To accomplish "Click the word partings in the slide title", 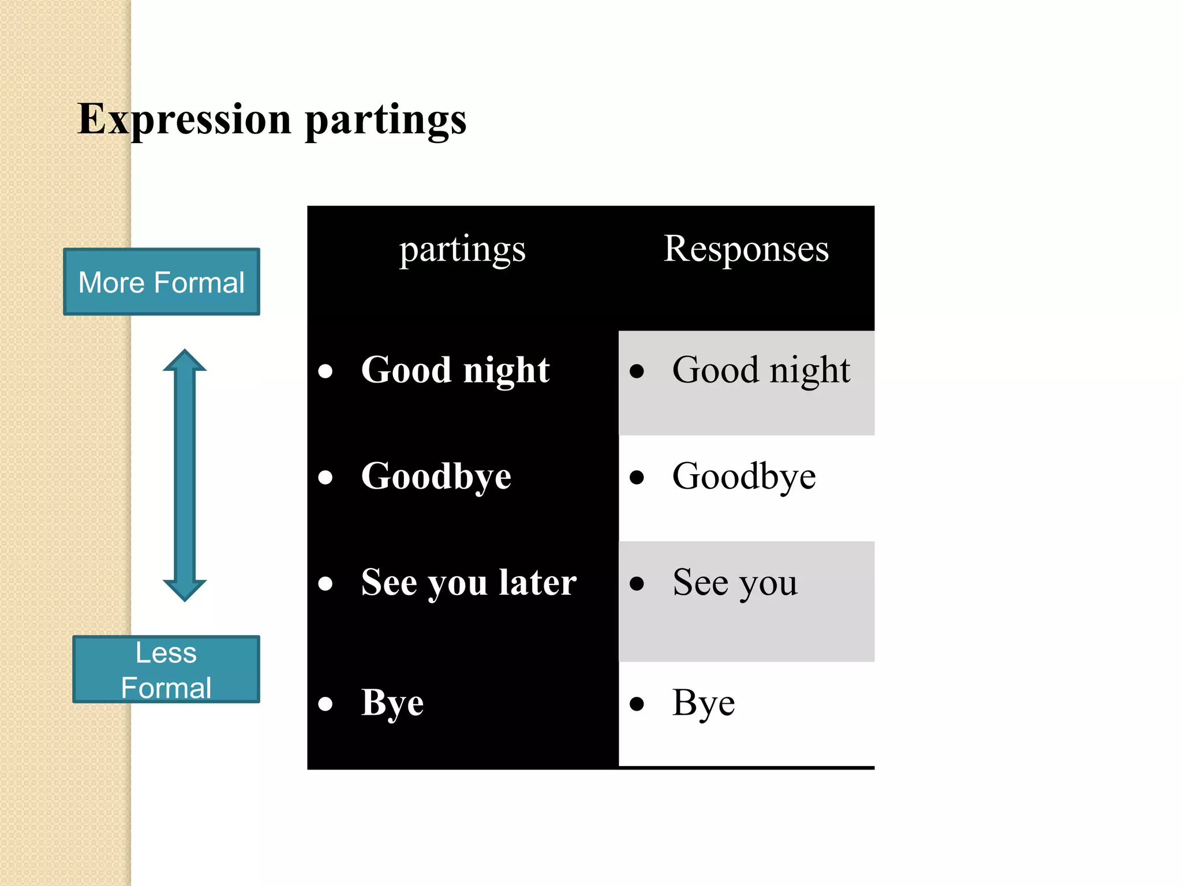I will coord(386,120).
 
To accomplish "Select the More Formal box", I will coord(162,282).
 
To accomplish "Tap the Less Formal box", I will coord(166,670).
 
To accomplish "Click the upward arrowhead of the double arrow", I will coord(185,360).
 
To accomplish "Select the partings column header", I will coord(462,250).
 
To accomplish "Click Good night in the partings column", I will coord(455,370).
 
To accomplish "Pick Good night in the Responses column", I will coord(761,370).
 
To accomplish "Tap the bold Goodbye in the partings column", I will coord(436,476).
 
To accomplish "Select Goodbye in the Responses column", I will coord(744,476).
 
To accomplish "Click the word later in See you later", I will coord(537,582).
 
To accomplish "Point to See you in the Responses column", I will coord(735,583).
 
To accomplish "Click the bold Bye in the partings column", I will coord(392,703).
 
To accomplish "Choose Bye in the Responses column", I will coord(704,703).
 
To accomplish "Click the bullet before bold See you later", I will coord(326,584).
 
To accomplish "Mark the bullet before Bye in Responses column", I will coord(637,704).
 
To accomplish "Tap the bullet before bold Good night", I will coord(326,371).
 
